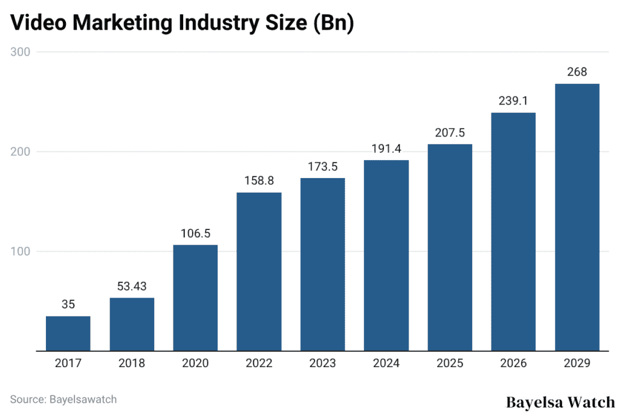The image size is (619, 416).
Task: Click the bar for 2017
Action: pyautogui.click(x=68, y=333)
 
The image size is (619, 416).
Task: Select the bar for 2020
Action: pyautogui.click(x=195, y=298)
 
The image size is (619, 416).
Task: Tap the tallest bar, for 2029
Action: pyautogui.click(x=577, y=217)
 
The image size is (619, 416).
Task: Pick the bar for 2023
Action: pyautogui.click(x=322, y=264)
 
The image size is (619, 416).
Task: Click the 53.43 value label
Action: pyautogui.click(x=132, y=286)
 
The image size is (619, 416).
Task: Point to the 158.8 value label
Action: pyautogui.click(x=259, y=181)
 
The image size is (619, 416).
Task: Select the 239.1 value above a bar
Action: pyautogui.click(x=513, y=101)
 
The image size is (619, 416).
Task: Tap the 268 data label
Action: pyautogui.click(x=577, y=72)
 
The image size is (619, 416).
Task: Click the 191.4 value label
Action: pyautogui.click(x=386, y=149)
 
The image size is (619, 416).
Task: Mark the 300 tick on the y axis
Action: pyautogui.click(x=21, y=52)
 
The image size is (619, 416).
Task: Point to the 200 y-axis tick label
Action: pyautogui.click(x=21, y=152)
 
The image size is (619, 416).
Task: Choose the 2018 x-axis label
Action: pyautogui.click(x=132, y=363)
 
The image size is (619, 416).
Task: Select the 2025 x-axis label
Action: pyautogui.click(x=450, y=363)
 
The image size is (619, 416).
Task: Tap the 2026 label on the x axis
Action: pyautogui.click(x=513, y=363)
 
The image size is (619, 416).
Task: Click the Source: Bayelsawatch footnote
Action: pyautogui.click(x=63, y=399)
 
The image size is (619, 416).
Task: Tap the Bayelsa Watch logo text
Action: pyautogui.click(x=560, y=402)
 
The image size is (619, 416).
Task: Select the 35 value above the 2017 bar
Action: pyautogui.click(x=68, y=304)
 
